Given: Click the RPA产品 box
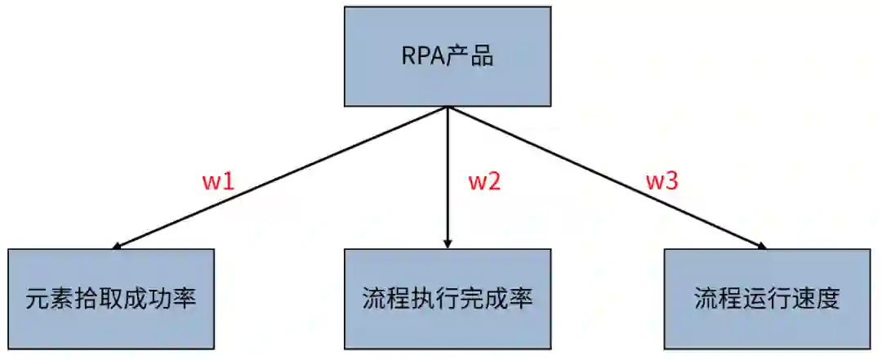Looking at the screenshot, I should coord(447,57).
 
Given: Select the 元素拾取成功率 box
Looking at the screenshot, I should coord(111,299).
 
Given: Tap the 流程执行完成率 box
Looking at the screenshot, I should coord(447,299).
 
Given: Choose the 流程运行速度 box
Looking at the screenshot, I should coord(766,299).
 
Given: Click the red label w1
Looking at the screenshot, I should coord(219,181).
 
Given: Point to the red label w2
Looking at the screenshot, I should coord(483,181).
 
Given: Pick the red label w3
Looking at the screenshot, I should coord(661,181).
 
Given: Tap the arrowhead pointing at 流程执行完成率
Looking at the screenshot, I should coord(448,243).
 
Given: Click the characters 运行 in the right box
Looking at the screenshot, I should coord(766,299).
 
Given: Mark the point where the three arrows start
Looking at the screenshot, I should coord(448,108).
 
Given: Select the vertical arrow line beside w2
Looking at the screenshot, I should coord(448,176).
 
